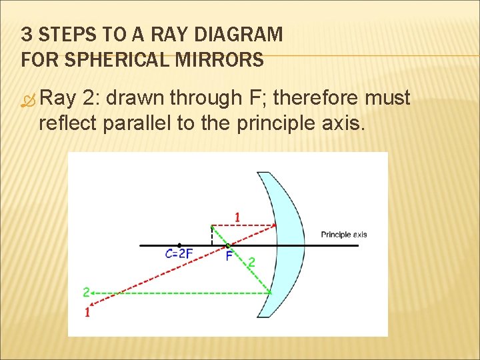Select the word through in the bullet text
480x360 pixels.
(203, 98)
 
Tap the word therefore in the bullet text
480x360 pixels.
(316, 98)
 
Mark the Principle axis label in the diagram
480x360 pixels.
(344, 235)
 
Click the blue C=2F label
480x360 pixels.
(179, 254)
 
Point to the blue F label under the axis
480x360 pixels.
(229, 256)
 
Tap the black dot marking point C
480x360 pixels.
(179, 245)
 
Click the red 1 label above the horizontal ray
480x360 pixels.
(237, 217)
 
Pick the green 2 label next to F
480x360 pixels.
(251, 263)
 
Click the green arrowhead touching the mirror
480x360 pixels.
(268, 291)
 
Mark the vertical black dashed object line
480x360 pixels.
(212, 235)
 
